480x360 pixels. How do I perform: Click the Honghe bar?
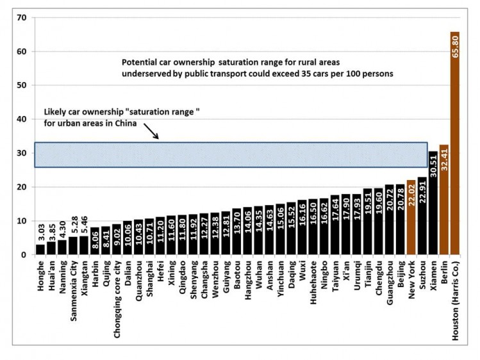(x=40, y=250)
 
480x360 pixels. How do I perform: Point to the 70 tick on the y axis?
(x=22, y=17)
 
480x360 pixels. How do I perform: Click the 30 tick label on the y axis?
(x=22, y=153)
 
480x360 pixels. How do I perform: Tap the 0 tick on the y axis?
(x=24, y=255)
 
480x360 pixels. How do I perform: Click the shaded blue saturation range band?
(x=231, y=155)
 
